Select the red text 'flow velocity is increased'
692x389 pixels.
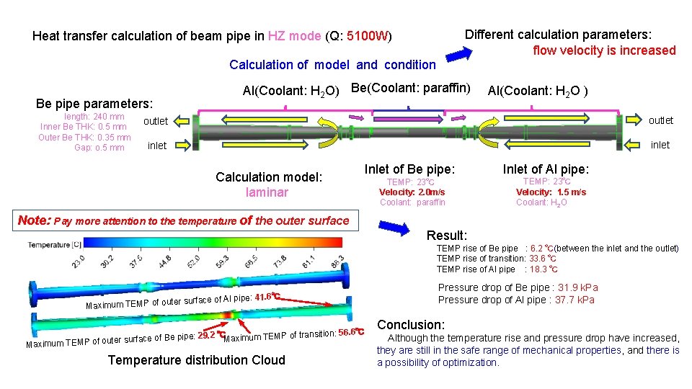coord(604,50)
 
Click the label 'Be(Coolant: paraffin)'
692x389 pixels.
coord(409,89)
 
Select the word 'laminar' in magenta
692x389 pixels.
coord(267,192)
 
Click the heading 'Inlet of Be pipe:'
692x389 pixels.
coord(409,169)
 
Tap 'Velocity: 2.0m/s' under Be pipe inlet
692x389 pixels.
coord(412,192)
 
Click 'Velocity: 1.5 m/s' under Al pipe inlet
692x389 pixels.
coord(551,192)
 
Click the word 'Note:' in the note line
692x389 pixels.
coord(34,221)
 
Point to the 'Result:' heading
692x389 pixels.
coord(447,236)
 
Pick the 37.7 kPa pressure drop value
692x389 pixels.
coord(575,300)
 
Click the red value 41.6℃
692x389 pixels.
coord(267,297)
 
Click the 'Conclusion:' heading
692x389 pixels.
coord(411,325)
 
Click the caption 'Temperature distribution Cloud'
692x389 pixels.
coord(196,360)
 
